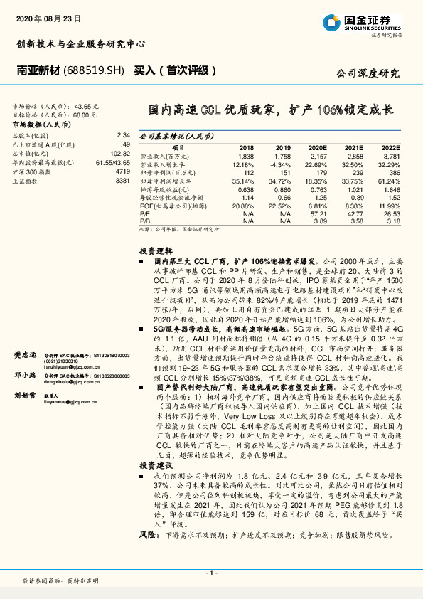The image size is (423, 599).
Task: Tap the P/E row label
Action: [144, 213]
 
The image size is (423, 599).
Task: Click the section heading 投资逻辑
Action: [155, 251]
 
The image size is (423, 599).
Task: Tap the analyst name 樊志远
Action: [25, 354]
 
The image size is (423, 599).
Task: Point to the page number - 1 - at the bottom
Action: [212, 572]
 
